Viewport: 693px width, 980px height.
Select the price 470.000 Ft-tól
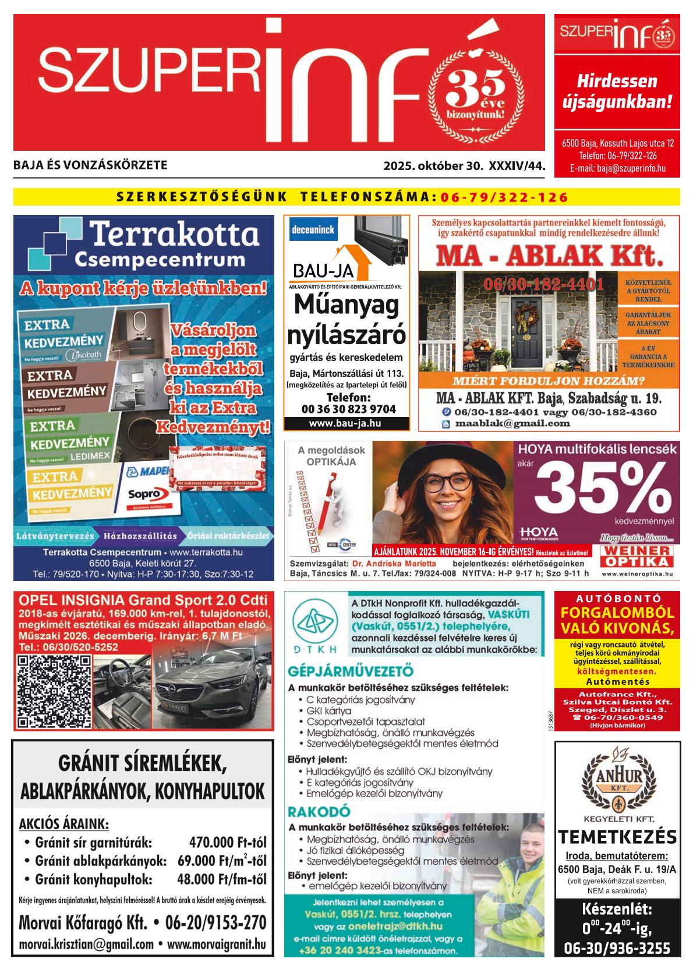(x=227, y=843)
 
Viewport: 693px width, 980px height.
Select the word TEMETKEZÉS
(x=617, y=837)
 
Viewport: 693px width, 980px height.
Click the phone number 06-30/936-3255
(x=617, y=948)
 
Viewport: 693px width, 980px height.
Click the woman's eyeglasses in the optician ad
(x=446, y=482)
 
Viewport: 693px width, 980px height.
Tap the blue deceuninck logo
(x=313, y=229)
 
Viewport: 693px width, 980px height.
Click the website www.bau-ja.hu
(x=346, y=423)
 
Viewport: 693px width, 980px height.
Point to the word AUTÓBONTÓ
(x=617, y=598)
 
